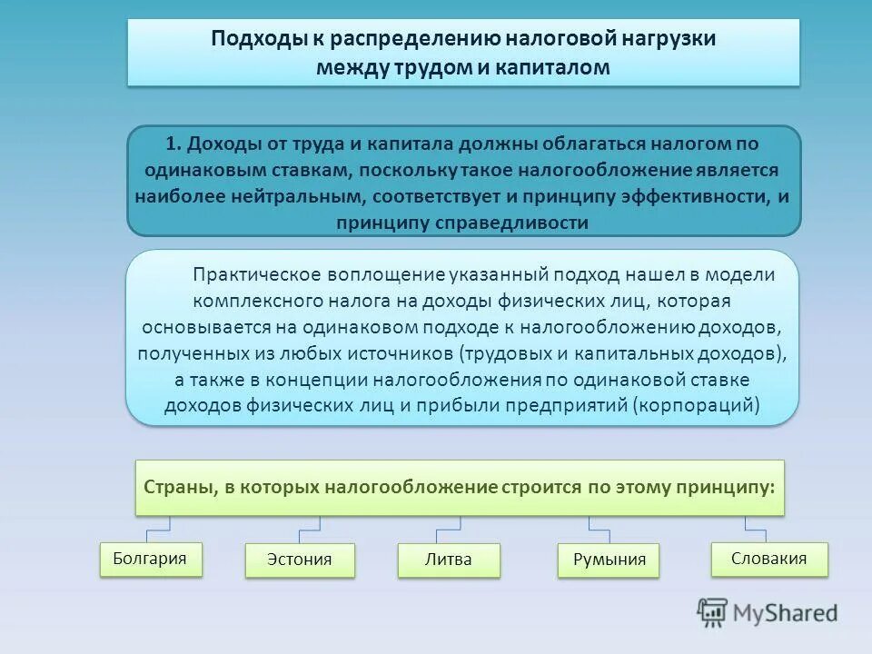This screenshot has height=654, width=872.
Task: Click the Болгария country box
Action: click(150, 558)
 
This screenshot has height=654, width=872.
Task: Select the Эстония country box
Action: click(299, 560)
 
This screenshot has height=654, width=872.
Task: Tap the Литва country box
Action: click(449, 560)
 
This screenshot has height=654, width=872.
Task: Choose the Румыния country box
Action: click(609, 560)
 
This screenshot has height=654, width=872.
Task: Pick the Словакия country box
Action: click(768, 559)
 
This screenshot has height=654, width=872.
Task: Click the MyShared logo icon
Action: click(713, 612)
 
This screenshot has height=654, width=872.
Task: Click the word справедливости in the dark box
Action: click(516, 223)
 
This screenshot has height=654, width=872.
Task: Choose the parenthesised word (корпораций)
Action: click(697, 405)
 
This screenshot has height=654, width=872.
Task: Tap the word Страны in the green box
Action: click(174, 487)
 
